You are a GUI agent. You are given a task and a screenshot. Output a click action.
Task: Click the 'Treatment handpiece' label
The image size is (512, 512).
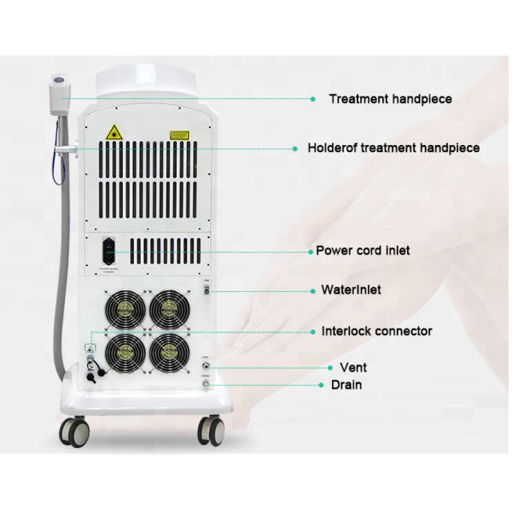(x=390, y=99)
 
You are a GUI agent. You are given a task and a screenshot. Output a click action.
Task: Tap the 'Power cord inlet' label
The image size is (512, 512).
(x=363, y=250)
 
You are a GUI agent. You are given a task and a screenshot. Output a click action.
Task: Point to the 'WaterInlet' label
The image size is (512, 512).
(x=351, y=289)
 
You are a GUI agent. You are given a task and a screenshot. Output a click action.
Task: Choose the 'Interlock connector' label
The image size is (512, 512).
(x=376, y=331)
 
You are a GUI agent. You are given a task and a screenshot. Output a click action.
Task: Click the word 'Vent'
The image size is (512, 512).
(x=352, y=367)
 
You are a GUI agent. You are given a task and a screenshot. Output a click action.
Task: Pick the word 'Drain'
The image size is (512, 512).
(x=346, y=385)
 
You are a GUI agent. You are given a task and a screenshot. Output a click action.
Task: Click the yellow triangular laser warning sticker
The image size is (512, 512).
(x=113, y=132)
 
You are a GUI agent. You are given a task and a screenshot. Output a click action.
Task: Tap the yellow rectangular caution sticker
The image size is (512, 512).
(x=179, y=134)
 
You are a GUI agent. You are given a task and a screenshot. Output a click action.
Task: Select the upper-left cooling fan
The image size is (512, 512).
(x=125, y=309)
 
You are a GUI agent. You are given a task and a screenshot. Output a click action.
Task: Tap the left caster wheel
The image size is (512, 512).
(x=75, y=433)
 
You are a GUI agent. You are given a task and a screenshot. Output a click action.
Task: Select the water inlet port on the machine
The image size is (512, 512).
(x=205, y=293)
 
